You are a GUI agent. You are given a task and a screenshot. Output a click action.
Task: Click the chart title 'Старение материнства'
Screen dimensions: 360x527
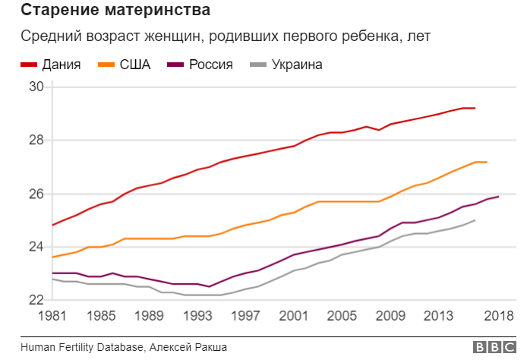click(115, 11)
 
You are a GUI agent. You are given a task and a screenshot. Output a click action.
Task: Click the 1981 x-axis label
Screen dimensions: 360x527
click(52, 316)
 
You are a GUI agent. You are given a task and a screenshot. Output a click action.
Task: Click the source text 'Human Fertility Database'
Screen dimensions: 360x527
click(82, 347)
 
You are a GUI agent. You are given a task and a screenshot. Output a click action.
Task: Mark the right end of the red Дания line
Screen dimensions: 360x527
click(475, 108)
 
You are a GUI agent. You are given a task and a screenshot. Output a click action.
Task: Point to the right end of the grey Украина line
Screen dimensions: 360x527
click(475, 220)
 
